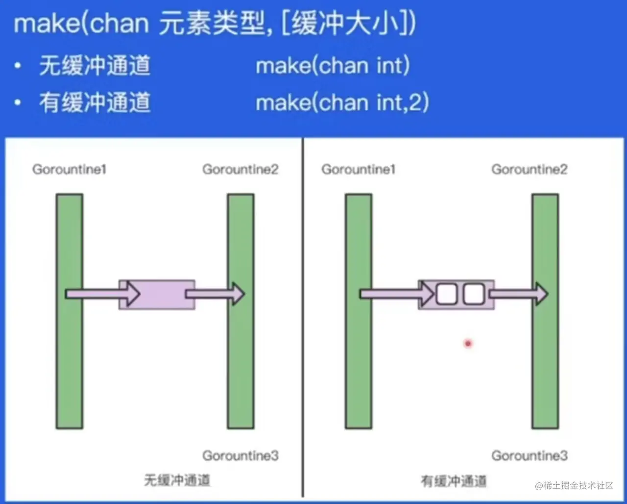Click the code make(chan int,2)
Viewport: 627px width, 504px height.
[342, 103]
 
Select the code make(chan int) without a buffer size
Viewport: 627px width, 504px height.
[333, 66]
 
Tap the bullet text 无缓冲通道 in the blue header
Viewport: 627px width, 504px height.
[95, 66]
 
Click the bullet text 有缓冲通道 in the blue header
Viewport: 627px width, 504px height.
[95, 103]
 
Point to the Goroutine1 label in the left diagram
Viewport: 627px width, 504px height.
[69, 170]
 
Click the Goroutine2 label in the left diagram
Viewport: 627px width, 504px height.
[240, 170]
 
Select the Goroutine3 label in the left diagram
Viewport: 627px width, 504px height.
[240, 456]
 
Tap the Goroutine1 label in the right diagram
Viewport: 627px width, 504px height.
[358, 170]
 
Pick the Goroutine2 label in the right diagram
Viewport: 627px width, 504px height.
[529, 170]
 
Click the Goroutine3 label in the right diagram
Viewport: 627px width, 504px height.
[529, 456]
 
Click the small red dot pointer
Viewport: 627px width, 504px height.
[468, 344]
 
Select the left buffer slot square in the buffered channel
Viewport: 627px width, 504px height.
[446, 294]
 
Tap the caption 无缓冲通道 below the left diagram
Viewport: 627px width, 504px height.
[177, 480]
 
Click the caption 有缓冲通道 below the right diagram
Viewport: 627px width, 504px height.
[454, 481]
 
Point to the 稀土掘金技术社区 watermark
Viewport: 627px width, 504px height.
[574, 485]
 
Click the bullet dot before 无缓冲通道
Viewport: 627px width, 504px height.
[18, 66]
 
